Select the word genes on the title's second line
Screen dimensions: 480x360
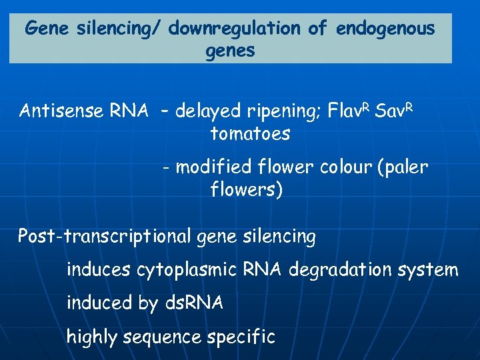click(231, 51)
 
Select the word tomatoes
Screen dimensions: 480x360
click(250, 133)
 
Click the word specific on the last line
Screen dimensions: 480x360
click(241, 337)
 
